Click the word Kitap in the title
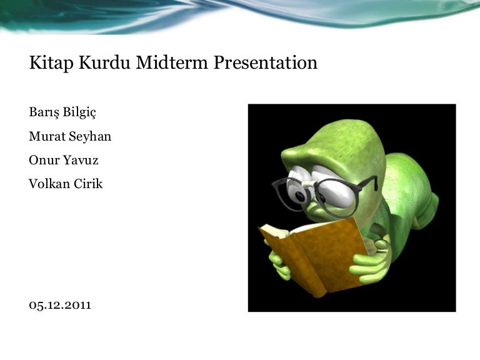click(x=51, y=62)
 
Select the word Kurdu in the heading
click(x=105, y=62)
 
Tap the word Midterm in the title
click(x=172, y=62)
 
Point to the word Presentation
click(x=266, y=62)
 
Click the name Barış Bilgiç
click(x=62, y=112)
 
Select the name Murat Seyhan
click(x=70, y=136)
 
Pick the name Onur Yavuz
click(x=64, y=160)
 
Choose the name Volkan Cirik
click(x=66, y=184)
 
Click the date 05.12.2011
click(x=60, y=305)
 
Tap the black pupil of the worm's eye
click(x=300, y=196)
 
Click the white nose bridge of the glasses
click(x=309, y=184)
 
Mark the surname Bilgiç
click(x=79, y=112)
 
